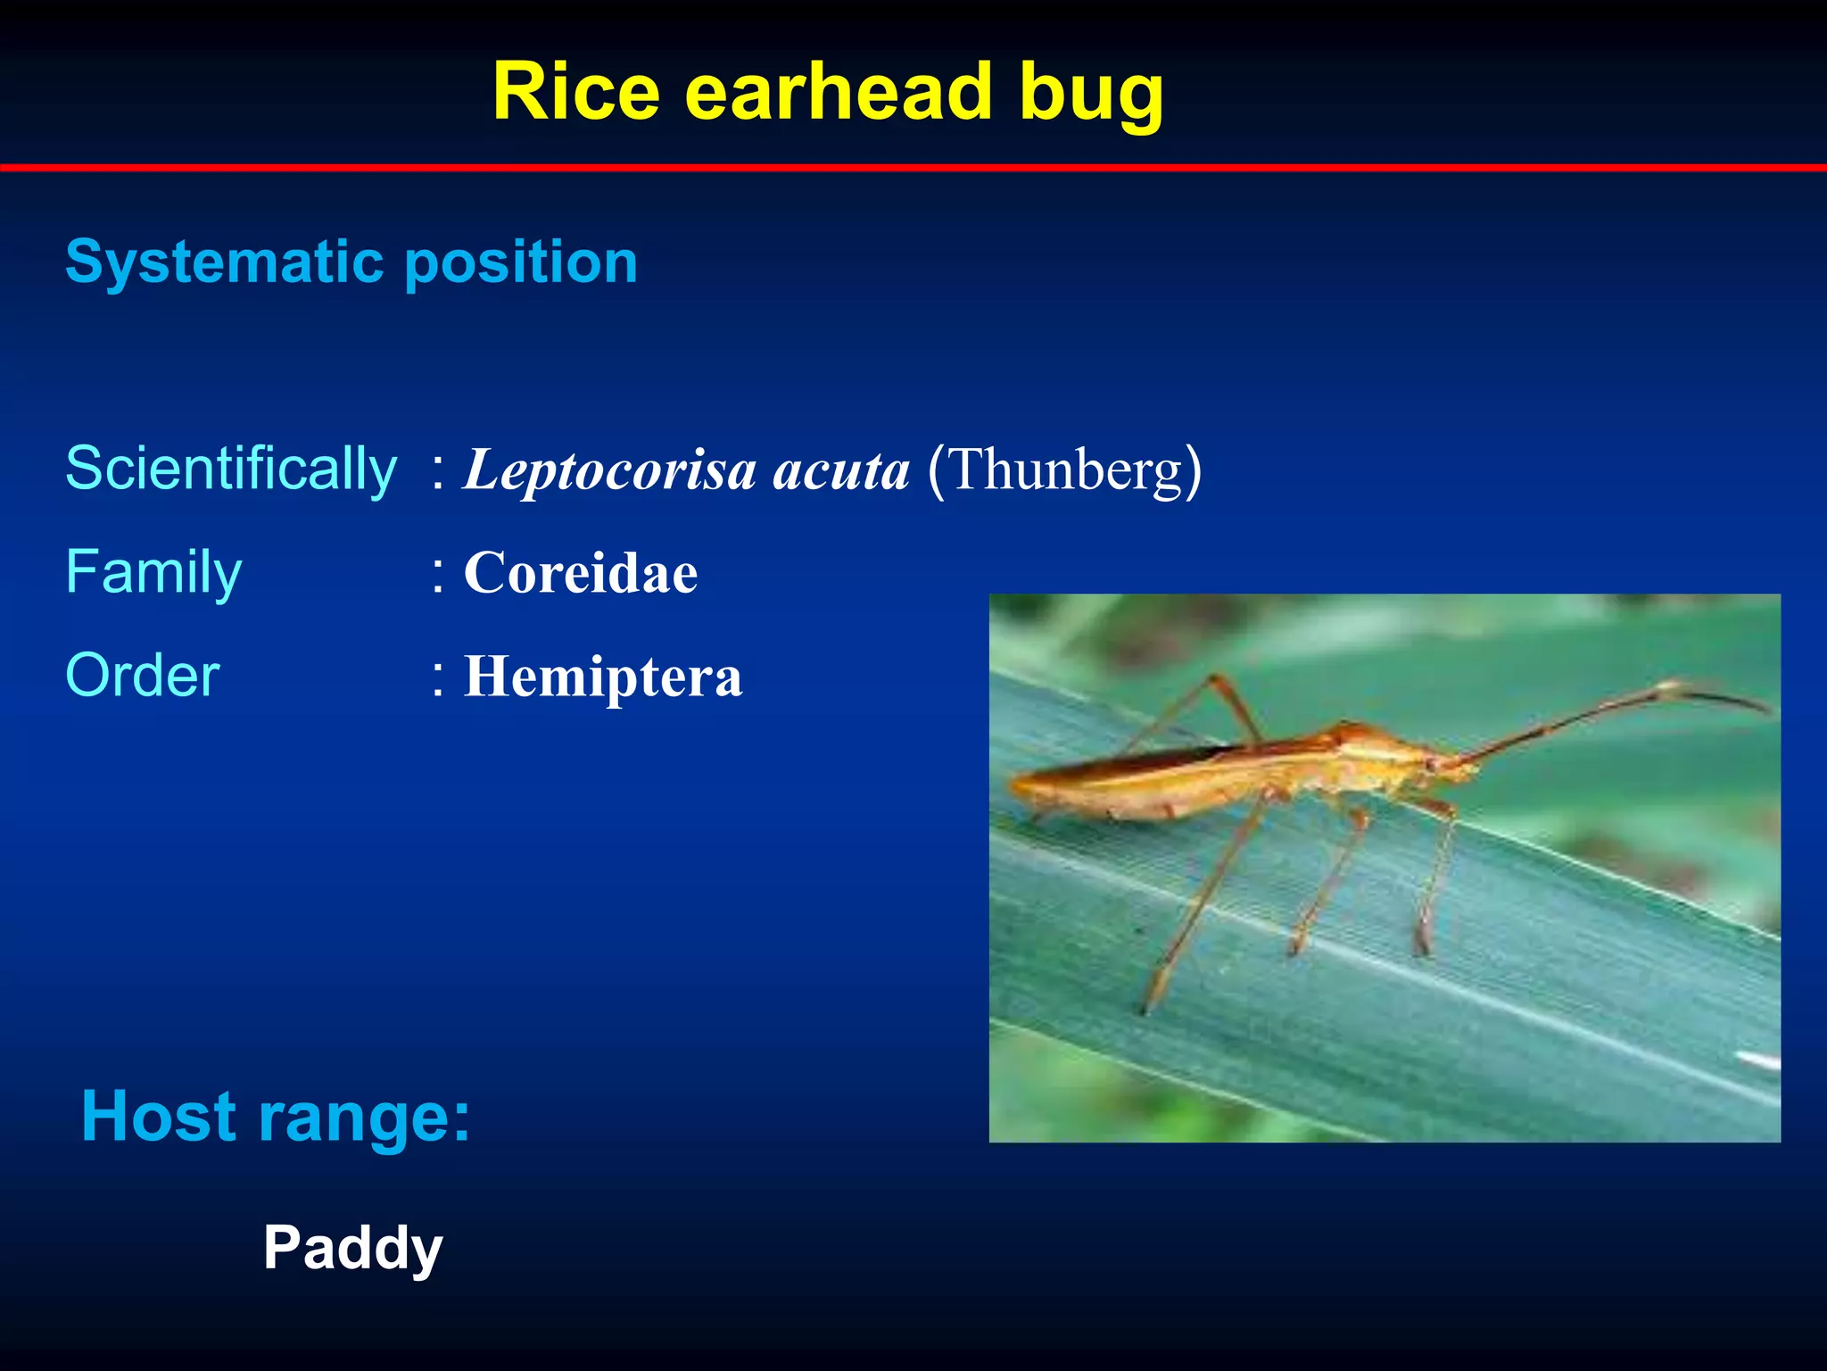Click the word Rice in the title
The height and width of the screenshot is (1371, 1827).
click(576, 92)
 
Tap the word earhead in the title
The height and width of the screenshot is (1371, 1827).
click(839, 92)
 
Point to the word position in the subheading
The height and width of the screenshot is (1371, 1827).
click(521, 263)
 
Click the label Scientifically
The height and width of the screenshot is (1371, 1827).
click(231, 469)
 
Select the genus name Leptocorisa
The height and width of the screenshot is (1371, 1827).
click(610, 470)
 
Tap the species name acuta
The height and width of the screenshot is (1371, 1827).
click(840, 470)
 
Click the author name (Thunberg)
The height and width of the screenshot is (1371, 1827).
click(1064, 469)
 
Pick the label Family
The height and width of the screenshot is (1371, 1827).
click(153, 572)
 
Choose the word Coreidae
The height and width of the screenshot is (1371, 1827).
click(581, 572)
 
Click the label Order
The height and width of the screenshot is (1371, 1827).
click(143, 676)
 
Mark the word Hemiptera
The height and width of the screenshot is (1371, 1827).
click(603, 677)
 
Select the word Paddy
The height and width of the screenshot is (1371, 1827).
click(352, 1248)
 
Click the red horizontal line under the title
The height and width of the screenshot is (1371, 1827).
click(913, 167)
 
